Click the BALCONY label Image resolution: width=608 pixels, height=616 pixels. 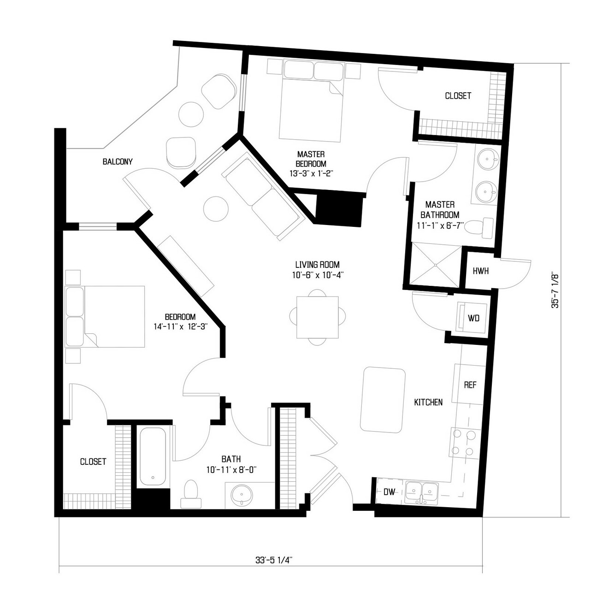click(x=118, y=162)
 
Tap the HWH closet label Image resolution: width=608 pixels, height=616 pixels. click(x=481, y=271)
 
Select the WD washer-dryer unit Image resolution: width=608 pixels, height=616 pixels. click(x=473, y=319)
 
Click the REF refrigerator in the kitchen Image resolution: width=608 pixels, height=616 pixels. click(x=469, y=385)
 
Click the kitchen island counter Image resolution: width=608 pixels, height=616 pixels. click(x=383, y=400)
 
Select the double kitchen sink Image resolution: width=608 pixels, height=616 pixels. click(x=422, y=492)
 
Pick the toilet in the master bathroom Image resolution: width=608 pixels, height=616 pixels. click(x=478, y=228)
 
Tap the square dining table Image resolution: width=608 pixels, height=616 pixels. click(x=318, y=317)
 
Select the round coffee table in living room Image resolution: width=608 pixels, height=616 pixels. click(x=216, y=208)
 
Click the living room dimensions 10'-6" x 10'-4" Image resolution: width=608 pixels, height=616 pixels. click(x=317, y=275)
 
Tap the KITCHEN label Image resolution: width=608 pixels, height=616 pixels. click(x=428, y=402)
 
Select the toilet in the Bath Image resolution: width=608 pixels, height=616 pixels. click(x=191, y=494)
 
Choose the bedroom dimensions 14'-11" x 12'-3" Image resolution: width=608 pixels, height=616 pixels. click(x=180, y=327)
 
